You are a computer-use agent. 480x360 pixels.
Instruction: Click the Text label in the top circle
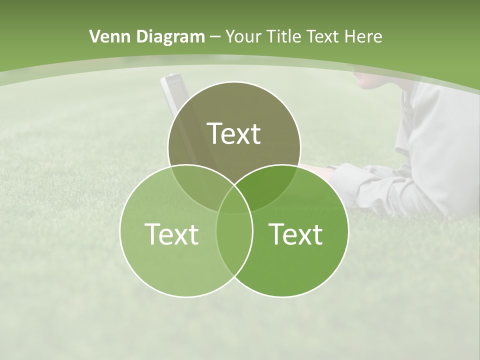(x=234, y=133)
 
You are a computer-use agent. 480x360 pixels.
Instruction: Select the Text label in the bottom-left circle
(x=171, y=234)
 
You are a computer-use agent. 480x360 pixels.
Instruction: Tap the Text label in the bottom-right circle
(x=295, y=234)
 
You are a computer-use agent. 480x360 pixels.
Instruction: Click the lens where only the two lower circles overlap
(x=234, y=245)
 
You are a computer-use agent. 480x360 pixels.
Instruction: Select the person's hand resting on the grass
(x=320, y=172)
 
